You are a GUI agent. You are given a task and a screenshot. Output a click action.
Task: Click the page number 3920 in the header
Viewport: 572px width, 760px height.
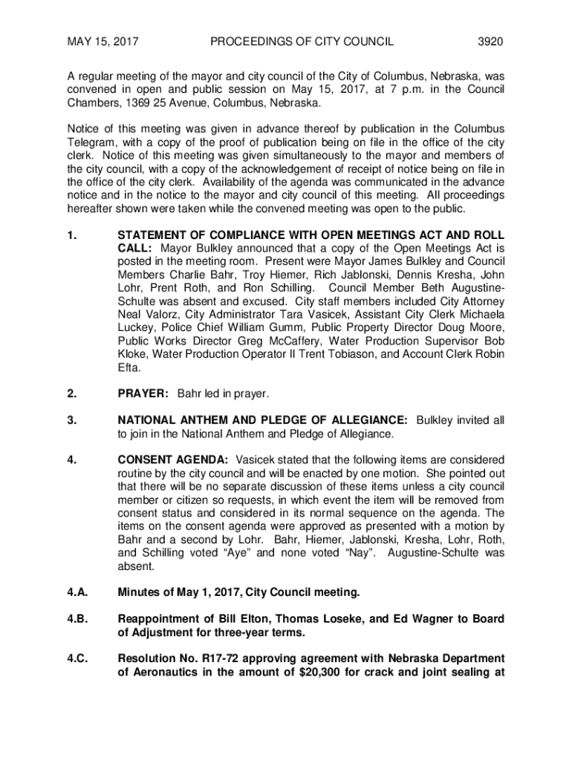click(x=490, y=42)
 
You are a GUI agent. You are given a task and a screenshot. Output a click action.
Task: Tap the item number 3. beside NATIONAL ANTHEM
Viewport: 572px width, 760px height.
click(x=72, y=420)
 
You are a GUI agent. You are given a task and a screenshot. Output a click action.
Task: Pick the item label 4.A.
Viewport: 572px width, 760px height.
click(x=77, y=592)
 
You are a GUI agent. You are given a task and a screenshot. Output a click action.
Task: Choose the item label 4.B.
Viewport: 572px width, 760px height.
click(x=77, y=619)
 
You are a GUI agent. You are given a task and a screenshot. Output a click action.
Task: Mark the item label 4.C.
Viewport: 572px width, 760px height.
click(x=77, y=659)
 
